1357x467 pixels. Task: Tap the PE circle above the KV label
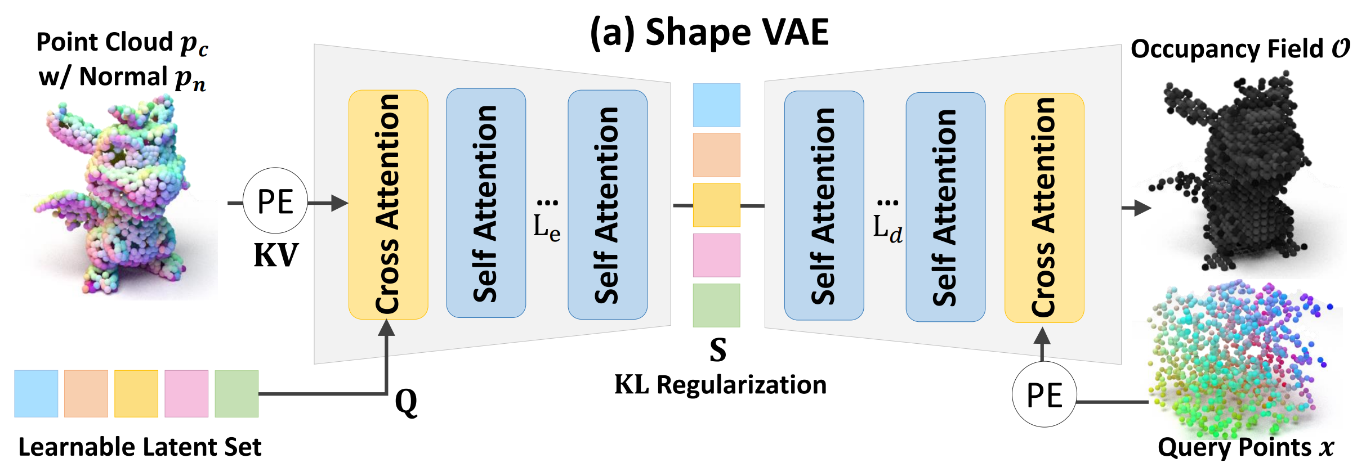[x=275, y=201]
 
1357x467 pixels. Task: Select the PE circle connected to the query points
[x=1044, y=395]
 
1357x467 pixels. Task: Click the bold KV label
[x=276, y=255]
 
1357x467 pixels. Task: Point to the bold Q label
[x=406, y=402]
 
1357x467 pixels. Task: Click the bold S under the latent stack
[x=718, y=349]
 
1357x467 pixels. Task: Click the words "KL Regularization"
[x=720, y=385]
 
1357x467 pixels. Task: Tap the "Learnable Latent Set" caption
[x=140, y=447]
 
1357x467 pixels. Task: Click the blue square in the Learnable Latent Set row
[x=36, y=394]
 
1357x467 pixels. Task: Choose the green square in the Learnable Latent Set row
[x=236, y=394]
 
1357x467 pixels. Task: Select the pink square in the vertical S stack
[x=716, y=255]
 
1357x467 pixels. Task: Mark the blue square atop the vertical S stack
[x=716, y=105]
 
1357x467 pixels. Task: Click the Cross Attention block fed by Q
[x=388, y=205]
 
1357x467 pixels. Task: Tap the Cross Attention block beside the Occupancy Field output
[x=1044, y=208]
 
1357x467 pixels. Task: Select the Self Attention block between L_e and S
[x=607, y=205]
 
